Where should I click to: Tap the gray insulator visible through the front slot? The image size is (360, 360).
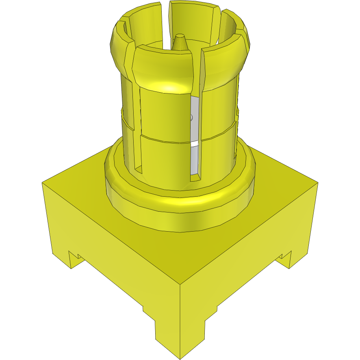click(195, 122)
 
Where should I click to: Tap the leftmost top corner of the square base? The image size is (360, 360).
click(42, 182)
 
